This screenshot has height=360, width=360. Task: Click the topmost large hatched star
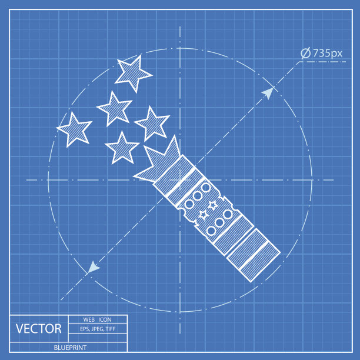(x=133, y=74)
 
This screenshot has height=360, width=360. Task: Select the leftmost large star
(x=74, y=130)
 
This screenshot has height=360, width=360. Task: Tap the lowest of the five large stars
(x=122, y=148)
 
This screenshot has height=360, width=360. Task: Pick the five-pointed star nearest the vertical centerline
(x=152, y=124)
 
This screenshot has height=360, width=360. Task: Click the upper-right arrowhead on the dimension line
(x=268, y=93)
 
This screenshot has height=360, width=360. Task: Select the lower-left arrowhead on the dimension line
(x=93, y=268)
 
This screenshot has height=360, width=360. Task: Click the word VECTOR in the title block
(x=39, y=329)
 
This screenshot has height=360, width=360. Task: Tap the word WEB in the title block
(x=89, y=319)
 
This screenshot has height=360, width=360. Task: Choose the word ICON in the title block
(x=105, y=319)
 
